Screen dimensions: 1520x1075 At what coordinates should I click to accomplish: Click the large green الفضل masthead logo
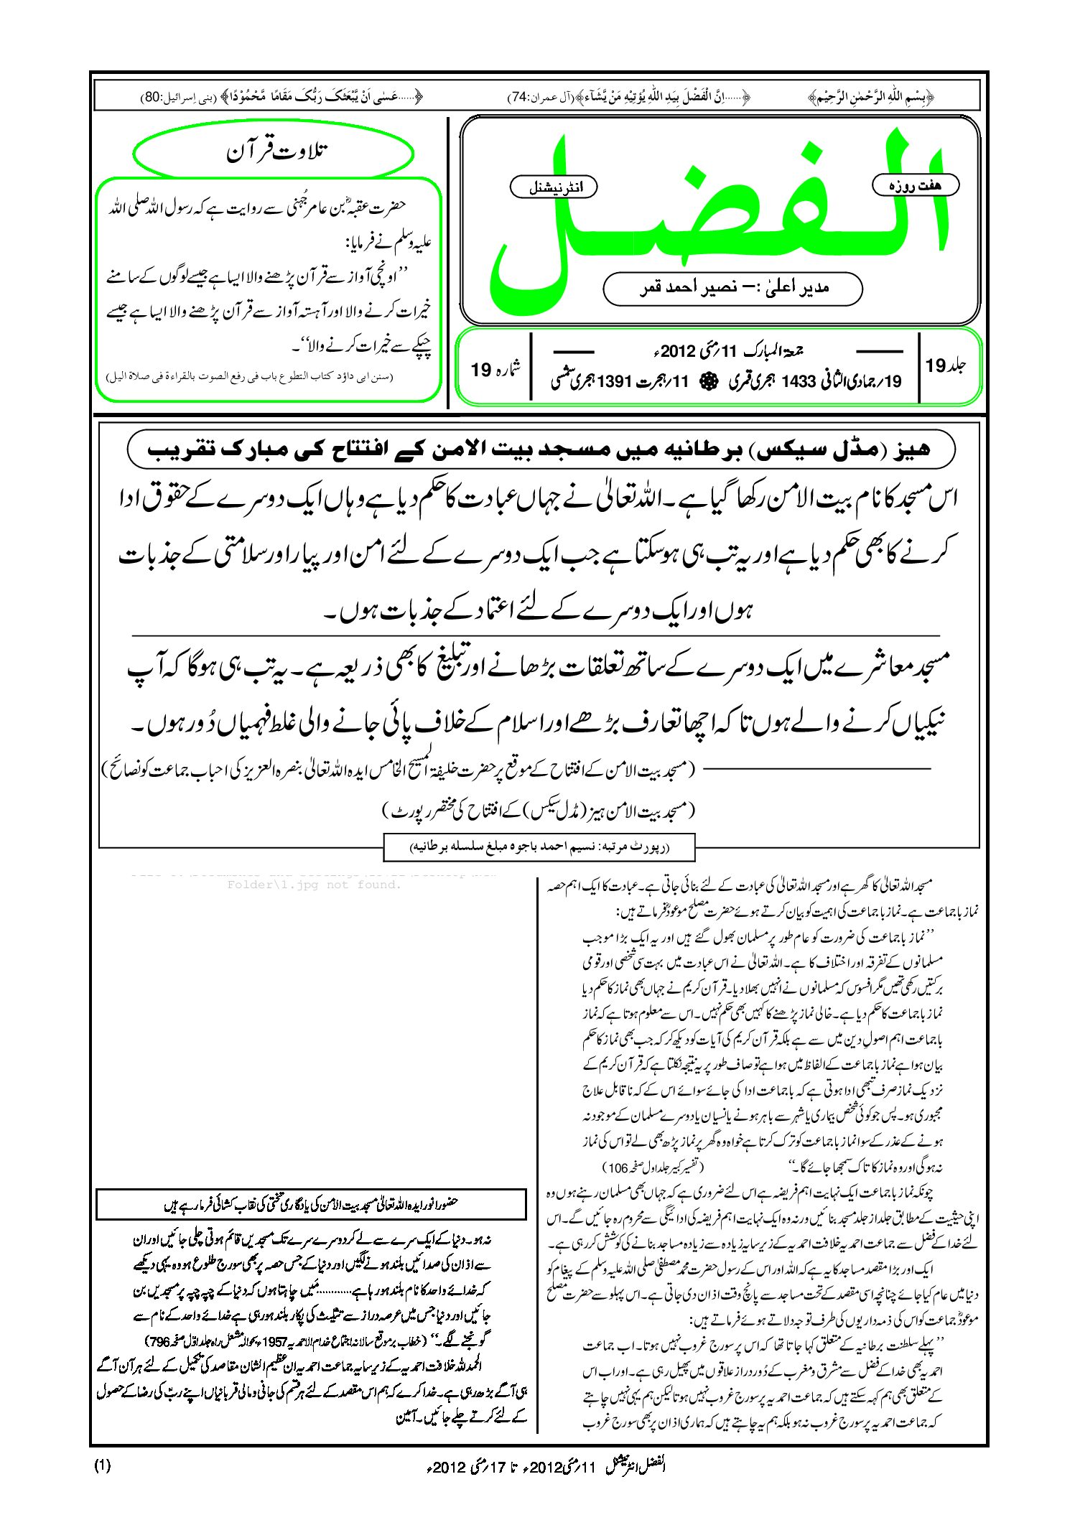[718, 215]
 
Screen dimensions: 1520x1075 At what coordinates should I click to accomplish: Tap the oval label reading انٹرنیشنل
[553, 188]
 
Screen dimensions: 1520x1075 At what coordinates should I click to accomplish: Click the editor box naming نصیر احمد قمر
[732, 288]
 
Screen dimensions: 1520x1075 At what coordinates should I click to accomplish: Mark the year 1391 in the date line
[617, 381]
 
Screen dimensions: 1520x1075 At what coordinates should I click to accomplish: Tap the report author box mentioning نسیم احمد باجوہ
[540, 847]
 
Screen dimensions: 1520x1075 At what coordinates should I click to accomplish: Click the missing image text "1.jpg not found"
[314, 885]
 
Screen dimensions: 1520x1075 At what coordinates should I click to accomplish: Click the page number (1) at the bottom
[102, 1466]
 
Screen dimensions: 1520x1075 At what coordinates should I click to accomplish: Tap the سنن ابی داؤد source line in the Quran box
[249, 376]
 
